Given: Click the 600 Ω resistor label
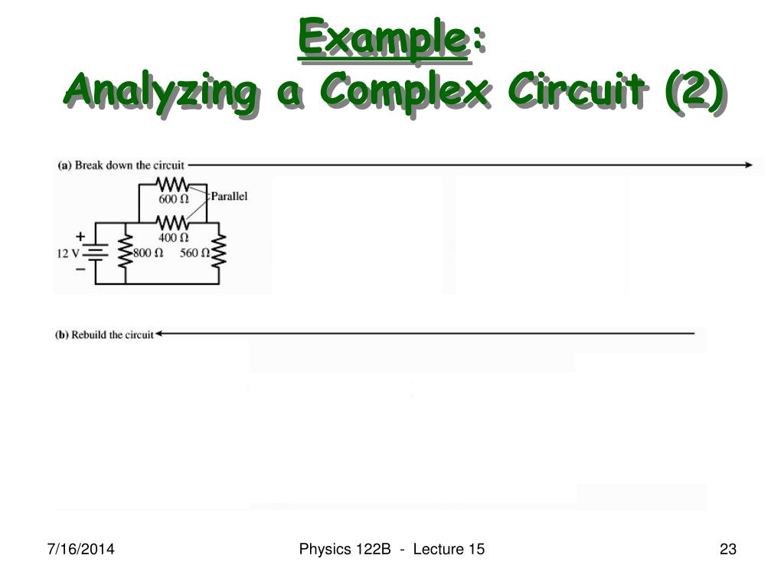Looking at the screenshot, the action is (174, 199).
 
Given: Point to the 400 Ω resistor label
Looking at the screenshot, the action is (174, 237).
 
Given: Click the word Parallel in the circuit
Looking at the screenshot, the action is (229, 196).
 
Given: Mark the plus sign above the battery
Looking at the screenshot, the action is (80, 237).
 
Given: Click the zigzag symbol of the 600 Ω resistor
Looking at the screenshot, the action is (172, 185).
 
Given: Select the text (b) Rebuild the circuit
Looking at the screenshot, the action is (104, 335).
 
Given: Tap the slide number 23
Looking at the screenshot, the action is (727, 549).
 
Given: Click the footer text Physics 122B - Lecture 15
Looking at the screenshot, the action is (392, 549).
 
